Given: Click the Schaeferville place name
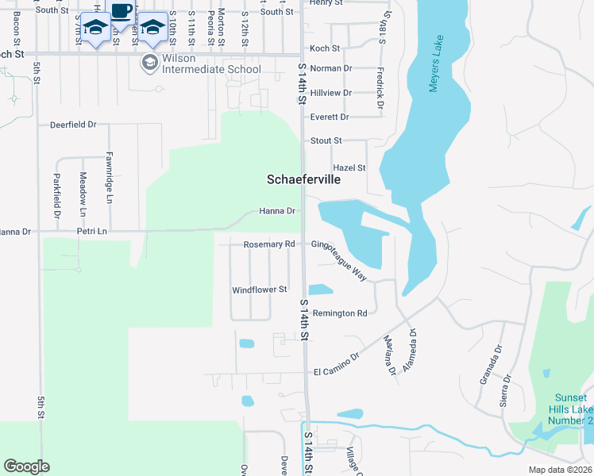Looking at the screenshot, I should click(x=303, y=180).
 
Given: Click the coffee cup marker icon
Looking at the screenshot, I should click(x=121, y=12).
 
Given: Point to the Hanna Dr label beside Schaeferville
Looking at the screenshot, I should click(x=277, y=212).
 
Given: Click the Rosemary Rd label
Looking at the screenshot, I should click(x=269, y=244).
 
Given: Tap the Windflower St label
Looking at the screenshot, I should click(x=259, y=290).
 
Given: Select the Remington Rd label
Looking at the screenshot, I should click(x=339, y=313).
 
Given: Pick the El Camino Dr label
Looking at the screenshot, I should click(x=337, y=371).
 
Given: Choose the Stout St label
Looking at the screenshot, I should click(x=326, y=141).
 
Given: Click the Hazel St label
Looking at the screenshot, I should click(x=349, y=168).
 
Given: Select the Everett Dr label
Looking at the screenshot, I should click(x=330, y=117).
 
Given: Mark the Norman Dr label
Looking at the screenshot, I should click(x=330, y=69).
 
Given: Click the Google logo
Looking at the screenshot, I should click(x=26, y=466).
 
